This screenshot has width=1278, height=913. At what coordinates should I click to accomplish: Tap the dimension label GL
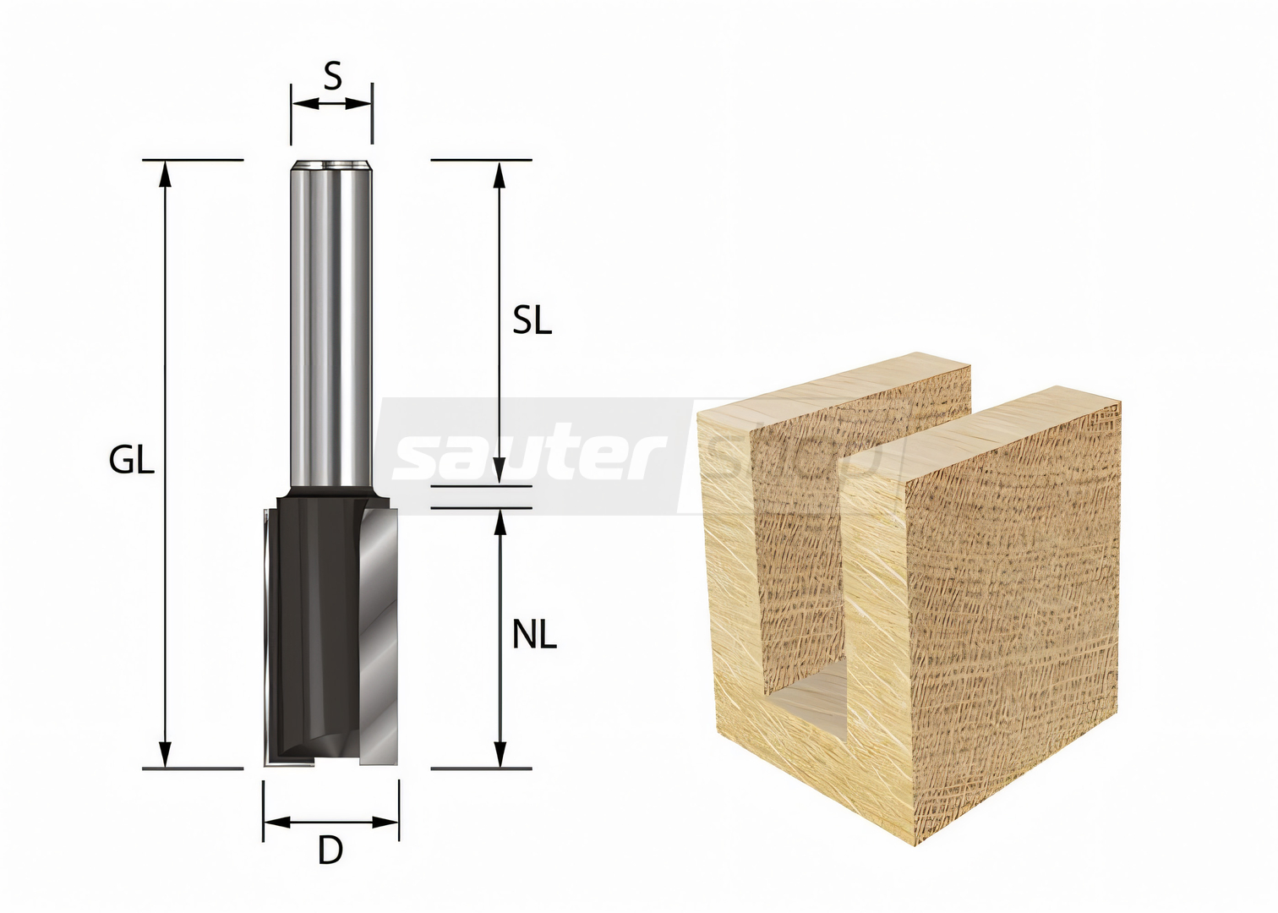[132, 460]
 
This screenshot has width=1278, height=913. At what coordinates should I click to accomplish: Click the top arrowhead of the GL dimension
[165, 174]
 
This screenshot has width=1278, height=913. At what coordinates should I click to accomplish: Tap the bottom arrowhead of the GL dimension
[165, 754]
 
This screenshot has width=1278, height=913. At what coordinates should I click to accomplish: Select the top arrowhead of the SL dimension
[500, 174]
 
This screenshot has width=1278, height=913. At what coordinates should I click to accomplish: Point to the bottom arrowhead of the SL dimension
[500, 472]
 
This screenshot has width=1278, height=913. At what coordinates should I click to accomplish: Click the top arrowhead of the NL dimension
[500, 522]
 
